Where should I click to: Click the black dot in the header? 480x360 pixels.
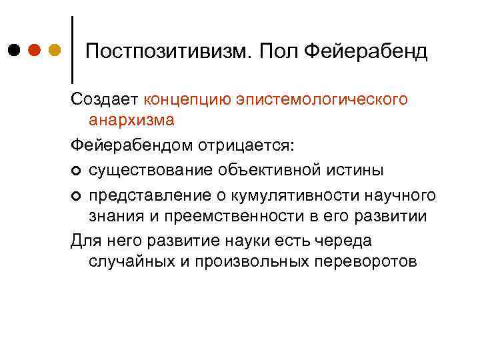click(x=15, y=50)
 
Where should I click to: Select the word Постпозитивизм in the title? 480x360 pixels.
click(x=167, y=51)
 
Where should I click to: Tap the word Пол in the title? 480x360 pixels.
click(x=277, y=51)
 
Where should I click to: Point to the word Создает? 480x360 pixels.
click(x=104, y=99)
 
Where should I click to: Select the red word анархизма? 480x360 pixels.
click(x=131, y=120)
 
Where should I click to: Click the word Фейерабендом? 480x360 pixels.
click(x=132, y=145)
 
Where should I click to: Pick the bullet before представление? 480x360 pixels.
click(x=76, y=195)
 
